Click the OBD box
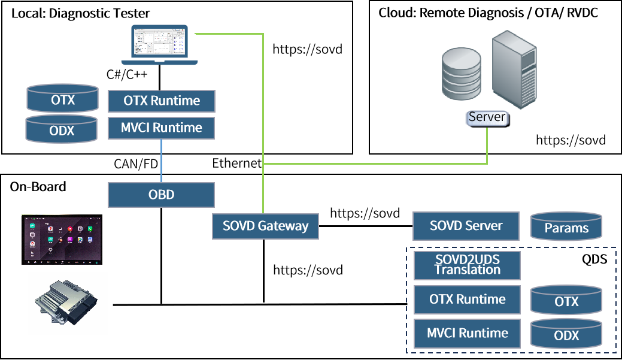pos(162,195)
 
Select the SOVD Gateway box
pos(265,226)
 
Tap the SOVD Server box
pos(466,226)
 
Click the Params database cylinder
pos(566,226)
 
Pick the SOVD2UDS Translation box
pos(468,265)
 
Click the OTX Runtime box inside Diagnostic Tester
pos(162,101)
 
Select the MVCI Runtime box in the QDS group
pos(468,334)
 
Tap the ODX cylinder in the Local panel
pos(62,129)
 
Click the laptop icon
pos(159,44)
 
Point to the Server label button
pos(487,118)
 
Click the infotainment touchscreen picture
pos(62,240)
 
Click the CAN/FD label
pos(136,164)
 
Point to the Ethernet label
pos(237,163)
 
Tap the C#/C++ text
pos(127,74)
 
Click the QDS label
pos(594,259)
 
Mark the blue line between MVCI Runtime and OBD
pos(162,161)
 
